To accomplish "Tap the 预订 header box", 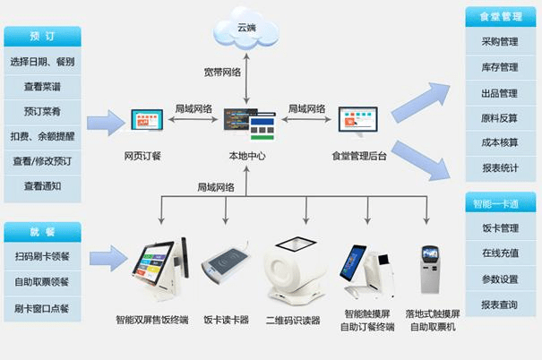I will click(x=42, y=37).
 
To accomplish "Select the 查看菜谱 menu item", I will click(x=42, y=87).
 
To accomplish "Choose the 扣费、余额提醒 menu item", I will click(x=42, y=137).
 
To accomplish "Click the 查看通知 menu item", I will click(x=42, y=186).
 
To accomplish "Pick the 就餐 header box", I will click(x=42, y=233).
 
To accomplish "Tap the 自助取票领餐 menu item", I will click(x=42, y=282).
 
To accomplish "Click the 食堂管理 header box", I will click(x=499, y=17).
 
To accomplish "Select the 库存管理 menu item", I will click(x=499, y=67).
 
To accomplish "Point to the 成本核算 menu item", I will click(x=499, y=142).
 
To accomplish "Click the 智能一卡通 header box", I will click(x=499, y=203).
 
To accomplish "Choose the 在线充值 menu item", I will click(x=499, y=253).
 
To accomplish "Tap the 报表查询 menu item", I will click(x=499, y=304).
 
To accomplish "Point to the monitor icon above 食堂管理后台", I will click(x=357, y=122).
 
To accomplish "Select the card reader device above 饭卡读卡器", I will click(x=225, y=267).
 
